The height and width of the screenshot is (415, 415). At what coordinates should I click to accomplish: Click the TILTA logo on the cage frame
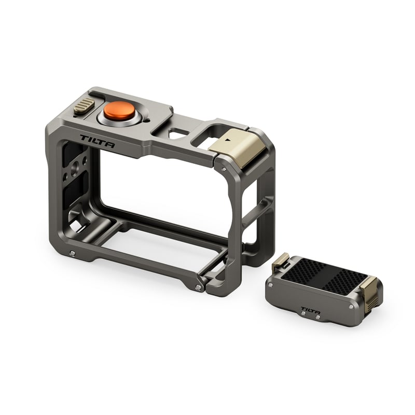[98, 142]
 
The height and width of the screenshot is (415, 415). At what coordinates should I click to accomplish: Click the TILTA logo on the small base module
[311, 312]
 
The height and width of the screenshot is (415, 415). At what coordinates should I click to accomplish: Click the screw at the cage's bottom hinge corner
[199, 287]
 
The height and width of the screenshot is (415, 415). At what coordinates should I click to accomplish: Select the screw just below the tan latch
[223, 169]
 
